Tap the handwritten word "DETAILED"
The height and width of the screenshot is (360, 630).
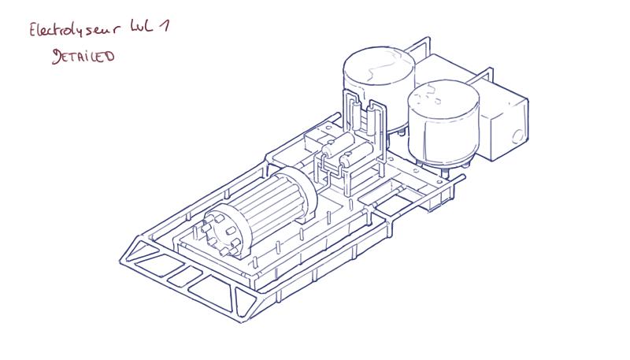click(x=83, y=56)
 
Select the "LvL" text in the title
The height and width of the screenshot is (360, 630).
click(x=143, y=27)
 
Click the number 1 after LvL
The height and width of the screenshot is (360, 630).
click(x=165, y=25)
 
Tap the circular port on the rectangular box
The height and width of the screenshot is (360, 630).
click(x=517, y=134)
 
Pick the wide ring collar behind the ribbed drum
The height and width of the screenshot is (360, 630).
click(x=303, y=189)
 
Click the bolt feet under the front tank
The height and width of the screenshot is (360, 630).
click(x=445, y=167)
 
